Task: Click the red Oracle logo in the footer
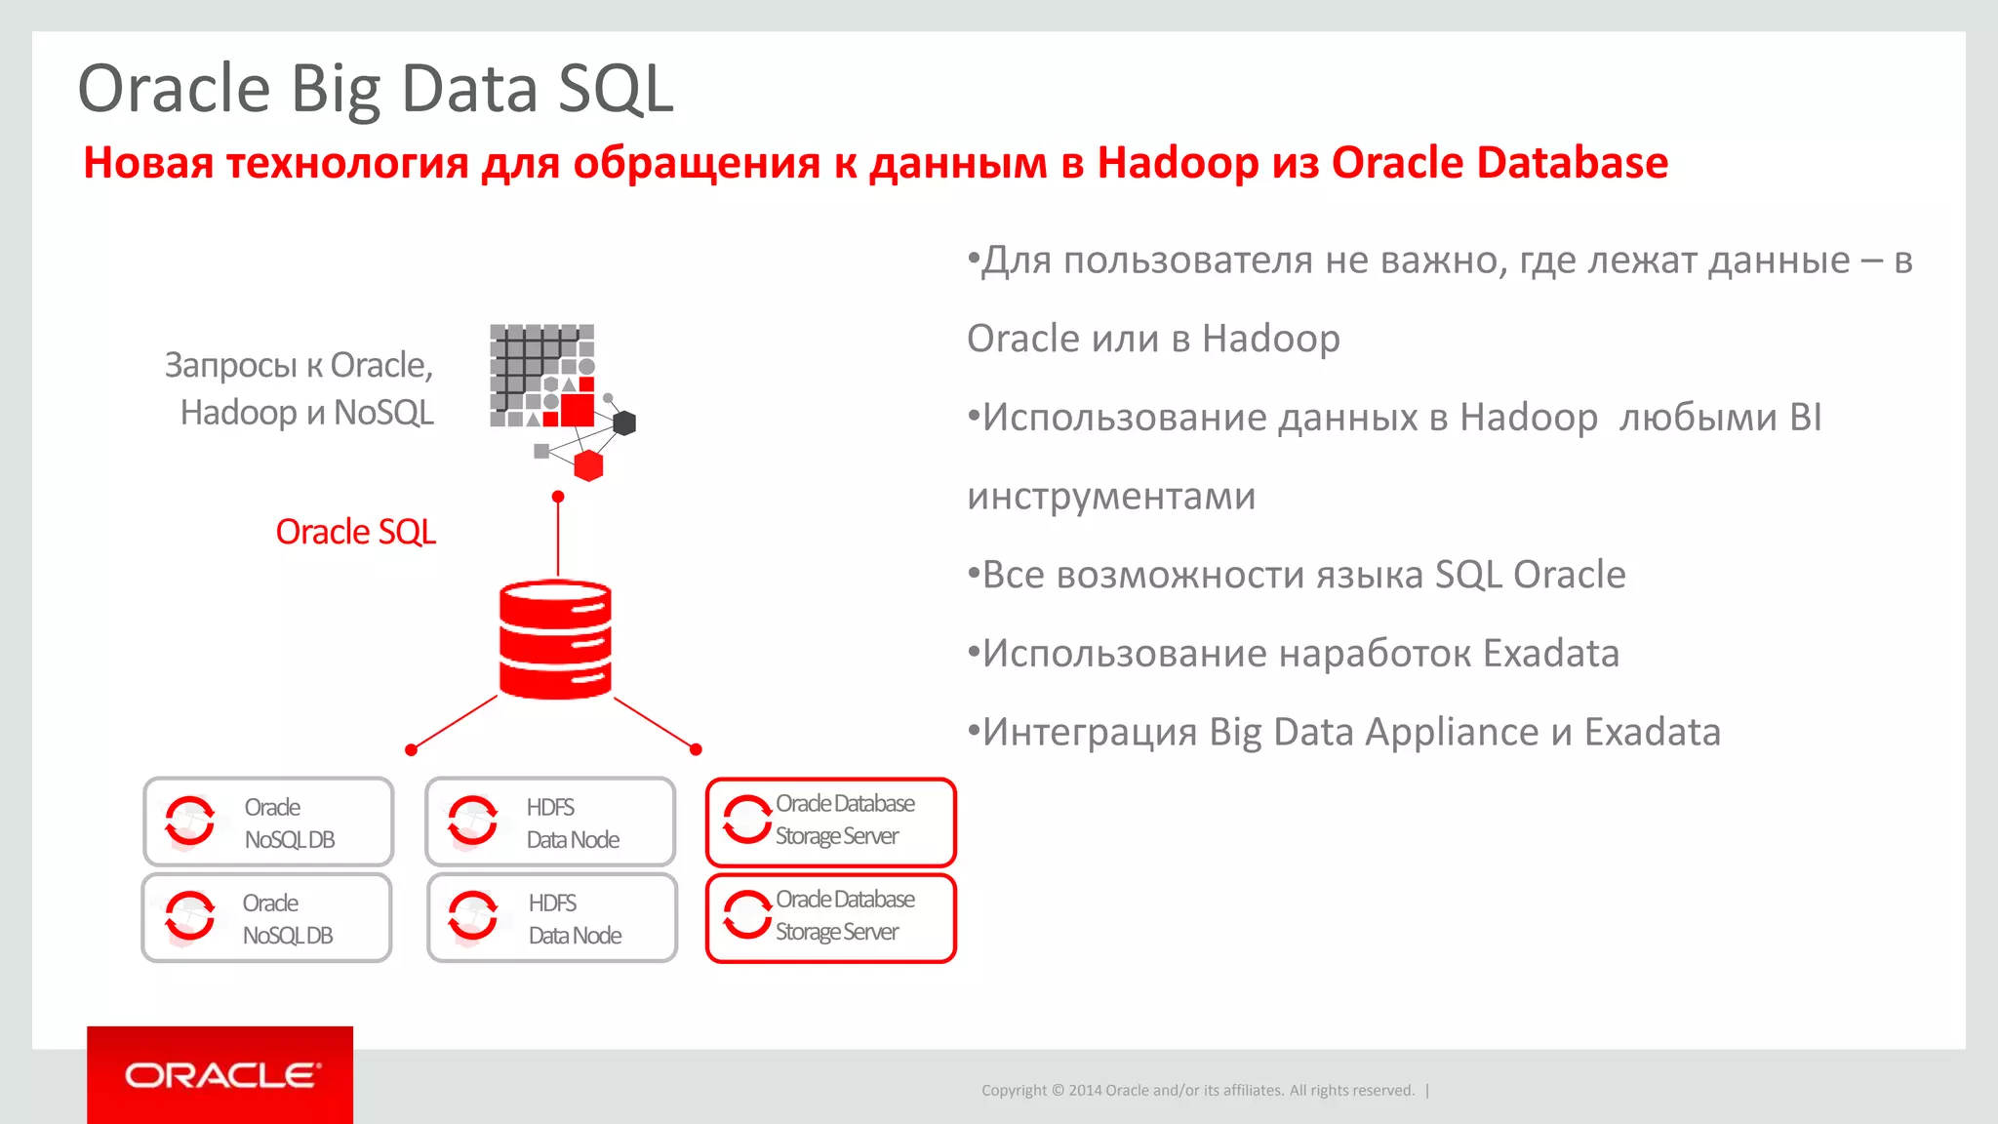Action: click(220, 1075)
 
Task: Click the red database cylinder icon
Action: click(555, 640)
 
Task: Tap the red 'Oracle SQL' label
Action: click(355, 532)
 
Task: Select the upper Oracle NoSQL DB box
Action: click(268, 822)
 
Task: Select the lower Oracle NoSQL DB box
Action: click(267, 917)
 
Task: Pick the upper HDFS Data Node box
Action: click(550, 822)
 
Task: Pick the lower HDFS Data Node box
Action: click(552, 917)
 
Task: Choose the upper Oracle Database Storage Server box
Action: click(830, 822)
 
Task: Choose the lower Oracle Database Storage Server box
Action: click(830, 917)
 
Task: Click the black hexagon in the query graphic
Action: click(624, 422)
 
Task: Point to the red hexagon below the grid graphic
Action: click(588, 465)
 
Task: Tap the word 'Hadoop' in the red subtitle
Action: click(1178, 162)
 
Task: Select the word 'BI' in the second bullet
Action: click(1805, 418)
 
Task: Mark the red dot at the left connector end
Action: click(411, 749)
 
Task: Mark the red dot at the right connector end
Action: click(696, 749)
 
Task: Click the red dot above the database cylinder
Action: click(558, 497)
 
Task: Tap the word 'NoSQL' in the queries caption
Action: click(383, 413)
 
